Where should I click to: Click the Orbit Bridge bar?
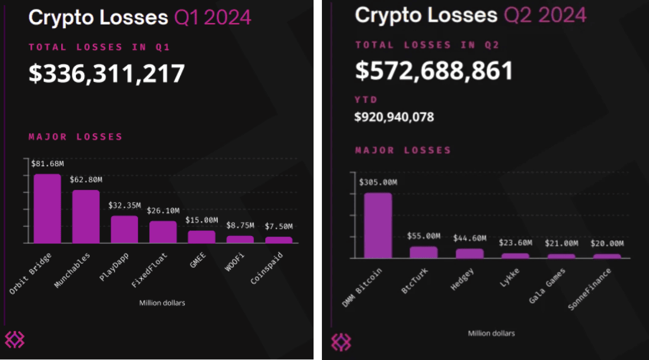click(x=47, y=208)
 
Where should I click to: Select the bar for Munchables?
click(x=86, y=216)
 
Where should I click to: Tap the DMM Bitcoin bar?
click(x=378, y=225)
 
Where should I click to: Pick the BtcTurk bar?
click(x=423, y=252)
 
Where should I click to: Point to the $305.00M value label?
click(x=378, y=182)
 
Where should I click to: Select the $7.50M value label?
click(x=278, y=226)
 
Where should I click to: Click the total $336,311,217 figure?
click(x=107, y=73)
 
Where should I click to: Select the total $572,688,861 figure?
click(x=434, y=71)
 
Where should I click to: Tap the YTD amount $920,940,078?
click(x=394, y=117)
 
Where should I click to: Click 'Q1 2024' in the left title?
click(x=212, y=18)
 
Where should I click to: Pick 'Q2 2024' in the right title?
click(x=545, y=15)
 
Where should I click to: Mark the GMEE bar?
click(x=202, y=237)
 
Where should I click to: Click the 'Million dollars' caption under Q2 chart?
click(x=491, y=333)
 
